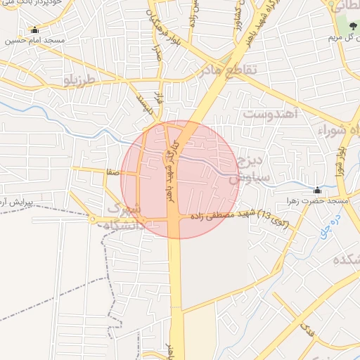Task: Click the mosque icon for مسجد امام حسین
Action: point(34,30)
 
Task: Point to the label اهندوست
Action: point(271,112)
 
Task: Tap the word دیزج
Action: point(250,160)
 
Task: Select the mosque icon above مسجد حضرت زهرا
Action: point(318,189)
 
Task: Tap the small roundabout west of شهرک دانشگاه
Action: point(93,220)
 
